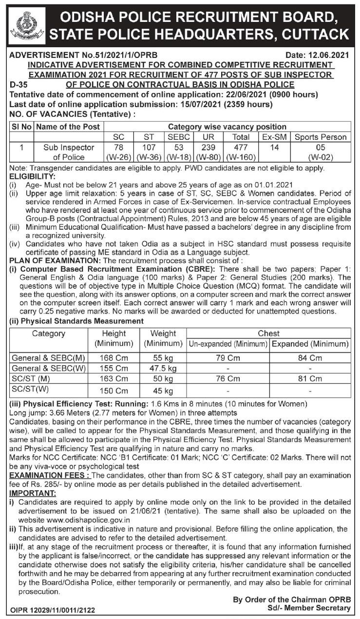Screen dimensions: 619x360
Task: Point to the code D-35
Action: coord(19,84)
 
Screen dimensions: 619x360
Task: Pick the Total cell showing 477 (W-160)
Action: coord(241,152)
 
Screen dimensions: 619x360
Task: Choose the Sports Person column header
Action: coord(321,137)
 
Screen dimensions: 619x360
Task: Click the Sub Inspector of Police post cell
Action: coord(68,152)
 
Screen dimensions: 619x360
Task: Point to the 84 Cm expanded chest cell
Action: coord(310,358)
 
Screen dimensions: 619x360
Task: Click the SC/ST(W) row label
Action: coord(30,389)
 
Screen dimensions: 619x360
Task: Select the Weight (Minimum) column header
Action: coord(163,338)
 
